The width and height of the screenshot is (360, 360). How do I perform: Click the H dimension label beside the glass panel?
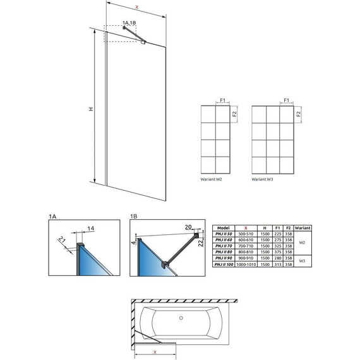pyautogui.click(x=91, y=109)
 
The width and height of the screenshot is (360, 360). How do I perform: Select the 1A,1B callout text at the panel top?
pyautogui.click(x=130, y=23)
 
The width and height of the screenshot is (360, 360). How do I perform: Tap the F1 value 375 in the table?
pyautogui.click(x=276, y=252)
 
